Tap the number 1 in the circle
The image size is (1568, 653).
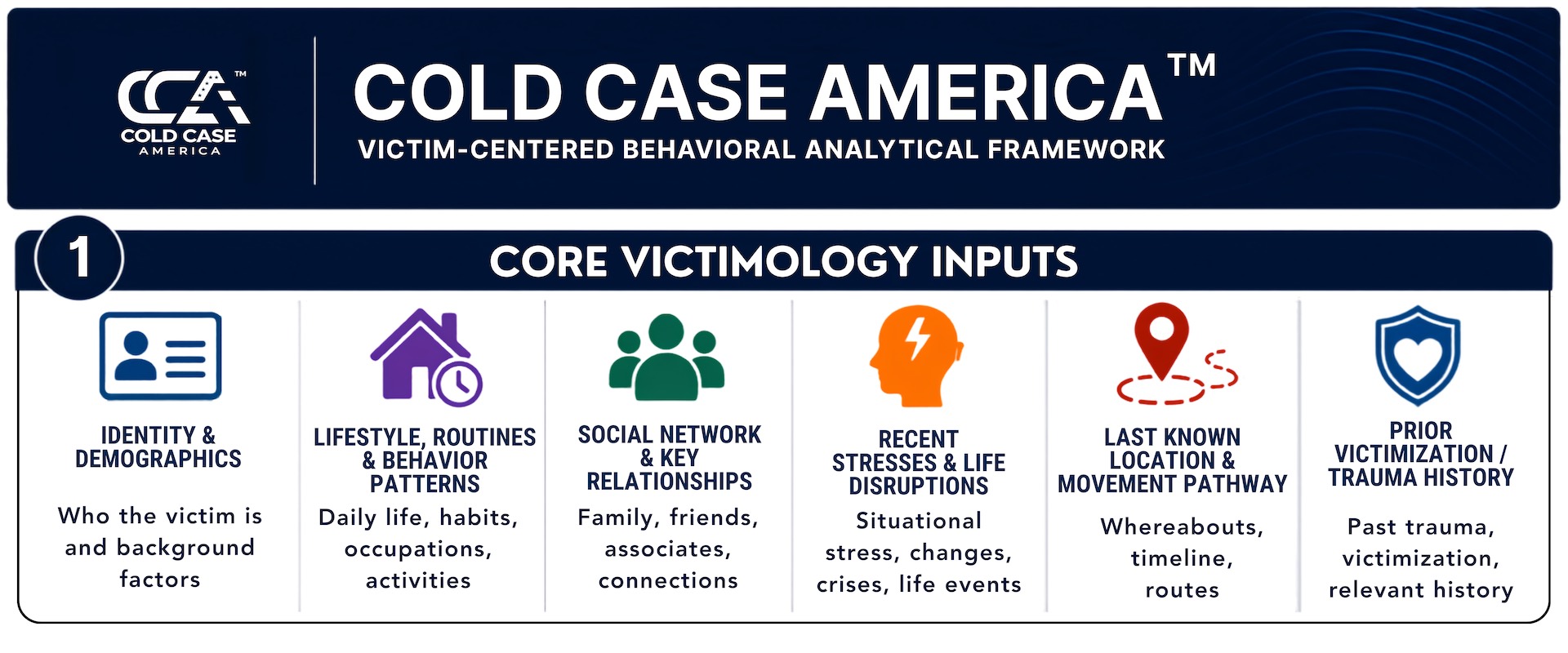point(79,258)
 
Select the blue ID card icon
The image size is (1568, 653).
point(160,356)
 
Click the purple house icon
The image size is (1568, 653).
point(425,357)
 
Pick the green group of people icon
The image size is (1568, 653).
point(667,357)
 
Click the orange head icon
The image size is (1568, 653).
point(916,356)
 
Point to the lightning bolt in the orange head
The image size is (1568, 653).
point(920,339)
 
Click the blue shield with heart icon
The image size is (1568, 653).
point(1418,355)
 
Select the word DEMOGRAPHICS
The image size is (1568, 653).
point(158,459)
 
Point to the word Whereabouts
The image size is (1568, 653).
point(1182,526)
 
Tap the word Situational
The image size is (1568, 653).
point(919,521)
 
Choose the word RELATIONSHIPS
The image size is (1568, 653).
point(670,482)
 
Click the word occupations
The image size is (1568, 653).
point(418,550)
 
